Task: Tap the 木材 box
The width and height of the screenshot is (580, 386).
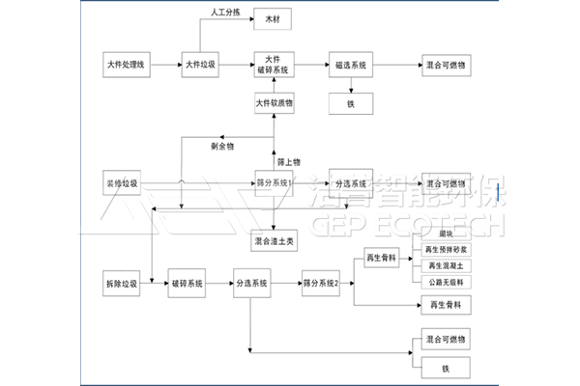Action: (273, 18)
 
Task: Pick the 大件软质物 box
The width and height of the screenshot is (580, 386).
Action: (274, 102)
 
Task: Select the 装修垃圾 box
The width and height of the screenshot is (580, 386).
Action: (122, 182)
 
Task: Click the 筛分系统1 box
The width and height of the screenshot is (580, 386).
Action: (274, 182)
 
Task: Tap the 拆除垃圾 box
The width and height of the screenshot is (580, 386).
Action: (122, 284)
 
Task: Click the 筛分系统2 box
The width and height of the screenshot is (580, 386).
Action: (323, 284)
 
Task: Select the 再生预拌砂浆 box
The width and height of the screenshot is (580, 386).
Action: (445, 250)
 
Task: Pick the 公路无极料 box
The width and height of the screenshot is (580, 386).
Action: (445, 281)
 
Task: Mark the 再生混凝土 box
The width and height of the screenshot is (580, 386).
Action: (445, 265)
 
